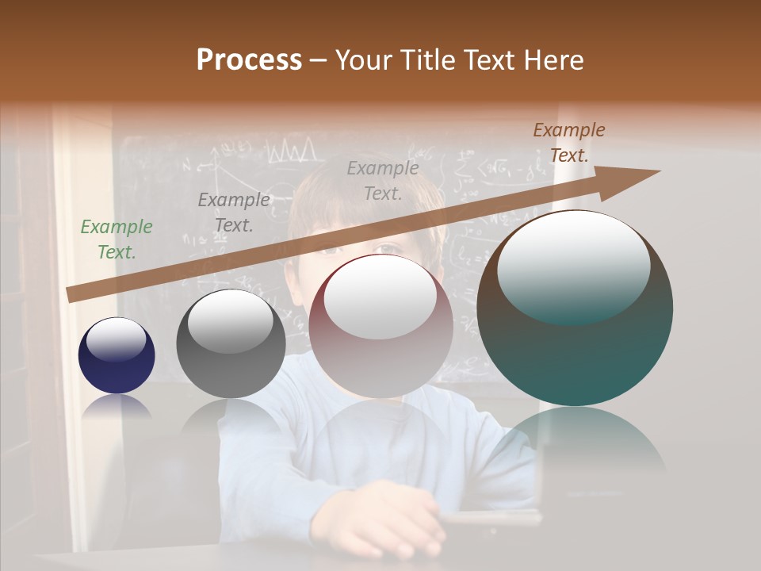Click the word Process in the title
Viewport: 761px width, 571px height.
[249, 60]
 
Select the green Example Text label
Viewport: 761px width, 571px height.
[116, 240]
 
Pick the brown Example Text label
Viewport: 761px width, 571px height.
[568, 143]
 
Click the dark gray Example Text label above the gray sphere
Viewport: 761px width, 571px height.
[233, 213]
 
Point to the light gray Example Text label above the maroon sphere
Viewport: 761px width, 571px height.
[383, 180]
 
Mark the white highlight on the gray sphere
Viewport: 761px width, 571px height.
[230, 320]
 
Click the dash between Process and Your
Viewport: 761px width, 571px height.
[319, 60]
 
